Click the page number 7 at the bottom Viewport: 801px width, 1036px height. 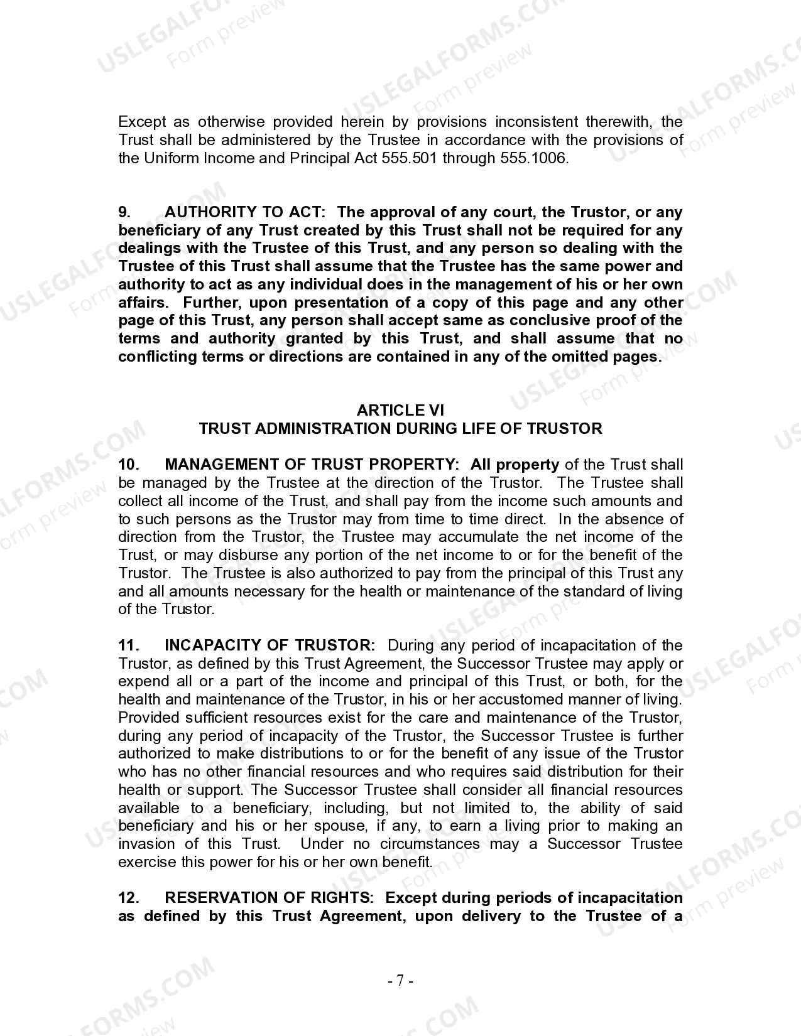point(400,981)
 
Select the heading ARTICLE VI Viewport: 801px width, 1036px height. point(400,411)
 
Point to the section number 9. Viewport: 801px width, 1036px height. point(125,212)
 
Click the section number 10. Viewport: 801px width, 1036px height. point(128,465)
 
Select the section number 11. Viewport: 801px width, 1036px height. point(128,645)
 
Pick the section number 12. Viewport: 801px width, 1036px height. point(128,898)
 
